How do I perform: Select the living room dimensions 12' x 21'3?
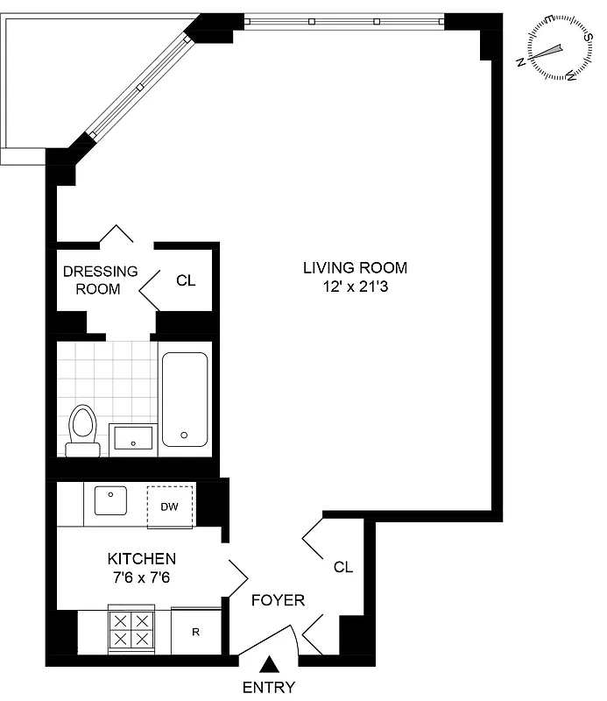click(x=355, y=286)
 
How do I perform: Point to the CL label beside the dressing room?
click(x=186, y=280)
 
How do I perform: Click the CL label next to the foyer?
click(x=342, y=567)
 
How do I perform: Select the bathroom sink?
click(x=133, y=435)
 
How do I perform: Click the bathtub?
click(x=184, y=399)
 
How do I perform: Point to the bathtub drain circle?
click(x=184, y=434)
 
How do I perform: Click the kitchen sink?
click(x=110, y=502)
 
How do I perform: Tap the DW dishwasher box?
click(x=169, y=506)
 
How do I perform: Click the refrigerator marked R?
click(x=194, y=631)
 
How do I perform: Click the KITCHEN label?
click(x=141, y=558)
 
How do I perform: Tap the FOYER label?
click(x=278, y=600)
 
